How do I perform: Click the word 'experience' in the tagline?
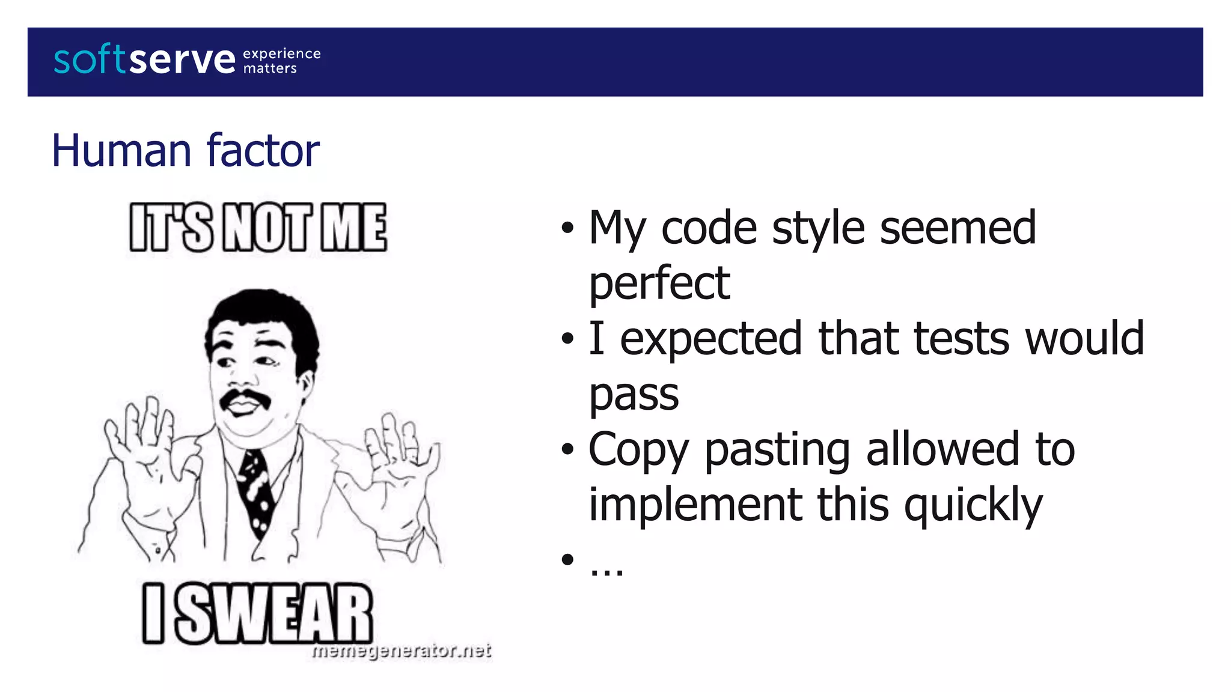281,54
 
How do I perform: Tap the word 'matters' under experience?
270,68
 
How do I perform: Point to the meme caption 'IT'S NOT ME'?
258,227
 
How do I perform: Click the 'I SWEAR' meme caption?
258,614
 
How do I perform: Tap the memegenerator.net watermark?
402,651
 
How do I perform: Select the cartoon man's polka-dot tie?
257,487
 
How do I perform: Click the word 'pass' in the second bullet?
634,395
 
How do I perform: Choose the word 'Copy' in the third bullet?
638,449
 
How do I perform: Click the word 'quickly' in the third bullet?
973,505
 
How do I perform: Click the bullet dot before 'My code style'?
567,228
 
